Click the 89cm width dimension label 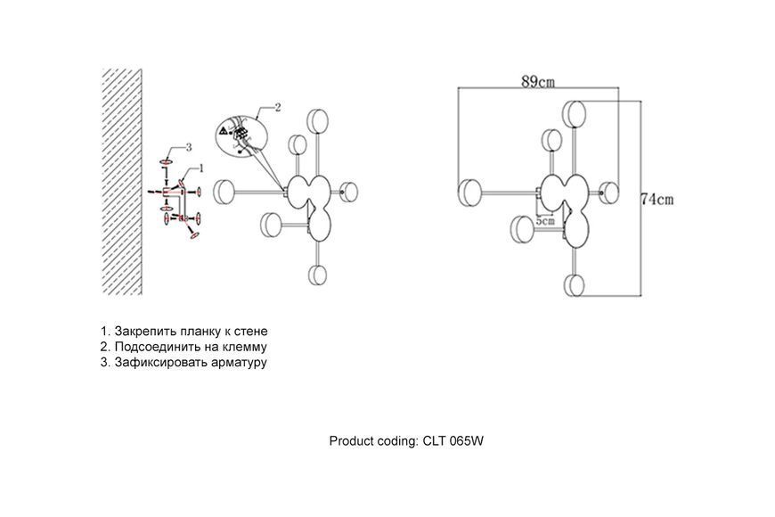pos(538,81)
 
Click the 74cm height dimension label pos(657,200)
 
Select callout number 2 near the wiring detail pos(278,107)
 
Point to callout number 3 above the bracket pos(188,147)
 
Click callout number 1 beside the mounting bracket pos(201,168)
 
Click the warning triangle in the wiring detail pos(224,131)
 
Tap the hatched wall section pos(121,182)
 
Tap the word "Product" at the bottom pos(350,441)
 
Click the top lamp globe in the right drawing pos(575,114)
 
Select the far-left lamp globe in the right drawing pos(469,193)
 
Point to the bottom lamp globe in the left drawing pos(317,275)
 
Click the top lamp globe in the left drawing pos(317,120)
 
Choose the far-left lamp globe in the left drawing pos(224,192)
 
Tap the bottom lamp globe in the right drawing pos(575,285)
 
